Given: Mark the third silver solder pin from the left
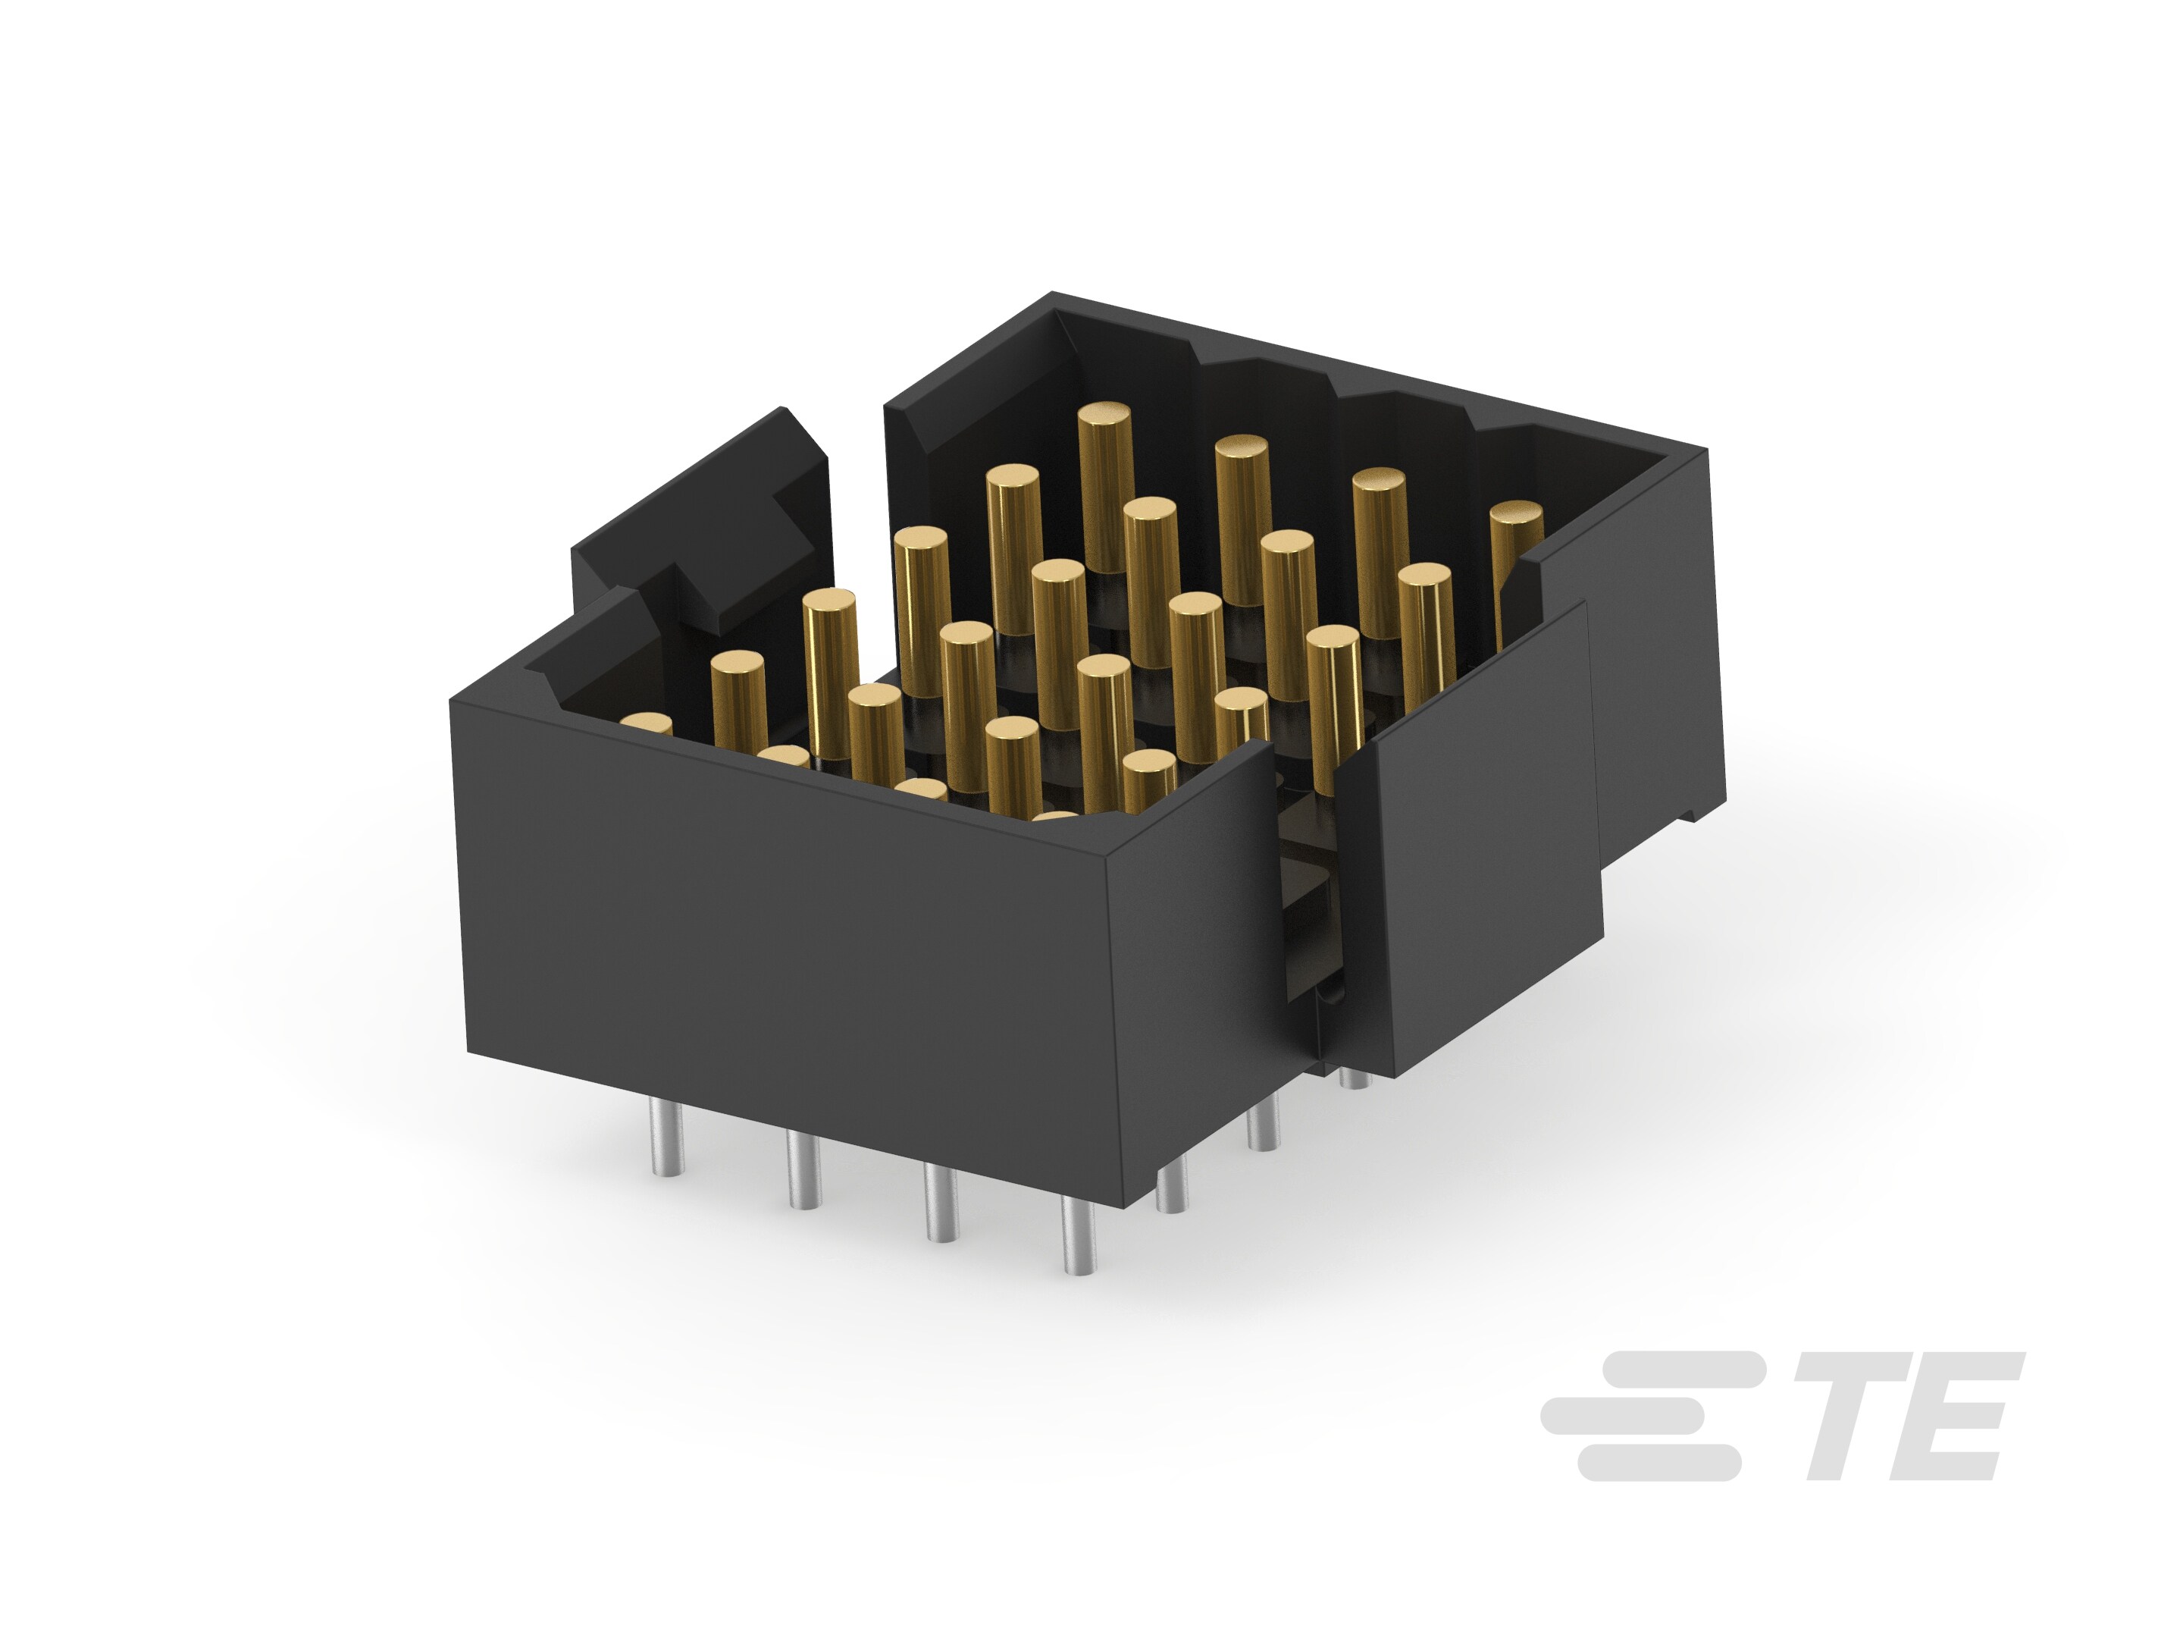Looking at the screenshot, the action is pos(939,1203).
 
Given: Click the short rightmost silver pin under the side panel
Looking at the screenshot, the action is pos(1356,1078).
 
